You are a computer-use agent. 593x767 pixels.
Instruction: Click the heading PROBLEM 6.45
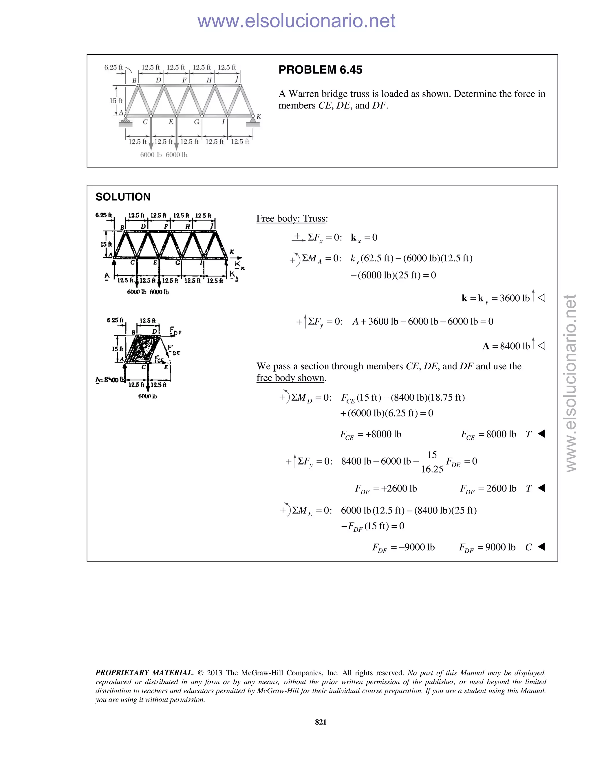pos(320,70)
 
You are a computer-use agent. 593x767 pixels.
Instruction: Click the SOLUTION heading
pos(123,197)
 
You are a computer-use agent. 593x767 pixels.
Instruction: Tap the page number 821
pos(321,722)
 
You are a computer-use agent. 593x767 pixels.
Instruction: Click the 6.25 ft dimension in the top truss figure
pos(113,67)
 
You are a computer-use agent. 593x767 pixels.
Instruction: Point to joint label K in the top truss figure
pos(259,117)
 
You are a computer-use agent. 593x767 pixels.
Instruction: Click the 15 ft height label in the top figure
pos(116,100)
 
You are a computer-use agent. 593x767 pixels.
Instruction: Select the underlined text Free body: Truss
pos(292,219)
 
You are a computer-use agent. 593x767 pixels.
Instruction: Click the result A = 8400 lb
pos(506,346)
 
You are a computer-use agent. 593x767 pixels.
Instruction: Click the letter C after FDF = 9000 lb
pos(528,547)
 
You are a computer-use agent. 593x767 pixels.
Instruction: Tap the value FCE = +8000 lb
pos(370,434)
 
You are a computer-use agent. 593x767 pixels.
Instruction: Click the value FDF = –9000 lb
pos(403,547)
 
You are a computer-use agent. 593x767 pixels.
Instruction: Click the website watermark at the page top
pos(296,21)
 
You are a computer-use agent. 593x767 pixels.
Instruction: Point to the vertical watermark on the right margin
pos(571,383)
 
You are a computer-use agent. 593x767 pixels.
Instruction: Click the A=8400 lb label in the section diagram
pos(110,380)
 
